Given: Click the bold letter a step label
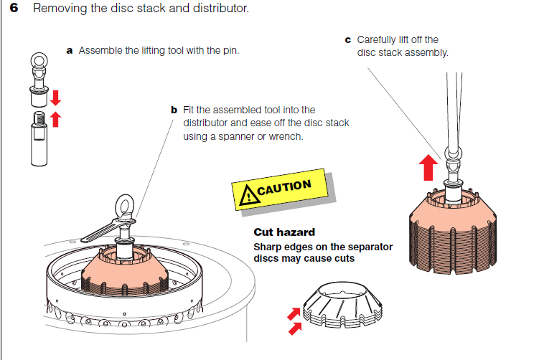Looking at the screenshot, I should [x=70, y=51].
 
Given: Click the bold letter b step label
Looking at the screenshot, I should [x=174, y=110].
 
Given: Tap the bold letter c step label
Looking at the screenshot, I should [x=348, y=39].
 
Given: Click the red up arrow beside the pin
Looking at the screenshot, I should [x=55, y=118].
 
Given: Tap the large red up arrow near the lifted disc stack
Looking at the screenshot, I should [x=428, y=167].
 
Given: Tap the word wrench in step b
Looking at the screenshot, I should [x=285, y=136].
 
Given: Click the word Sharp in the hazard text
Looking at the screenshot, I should [x=268, y=247].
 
